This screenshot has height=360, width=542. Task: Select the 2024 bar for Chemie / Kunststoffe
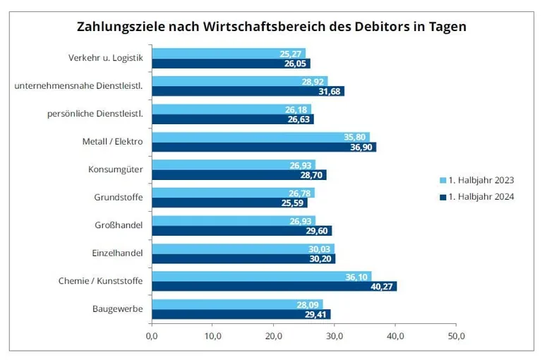click(274, 286)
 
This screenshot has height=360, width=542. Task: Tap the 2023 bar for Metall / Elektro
click(260, 137)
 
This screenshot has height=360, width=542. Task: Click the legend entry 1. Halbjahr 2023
click(476, 179)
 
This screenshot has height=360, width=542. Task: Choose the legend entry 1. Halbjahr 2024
click(476, 197)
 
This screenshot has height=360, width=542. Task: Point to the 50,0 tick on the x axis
click(456, 335)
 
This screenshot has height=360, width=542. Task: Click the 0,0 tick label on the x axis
click(152, 335)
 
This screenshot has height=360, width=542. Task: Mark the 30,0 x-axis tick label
click(335, 335)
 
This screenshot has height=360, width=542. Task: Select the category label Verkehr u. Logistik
click(105, 58)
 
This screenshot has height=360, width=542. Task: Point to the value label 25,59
click(293, 203)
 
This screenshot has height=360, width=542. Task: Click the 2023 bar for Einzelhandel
click(243, 248)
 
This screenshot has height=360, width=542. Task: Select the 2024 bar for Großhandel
click(241, 230)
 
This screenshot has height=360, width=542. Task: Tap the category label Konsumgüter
click(116, 169)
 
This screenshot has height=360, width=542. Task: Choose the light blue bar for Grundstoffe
click(233, 193)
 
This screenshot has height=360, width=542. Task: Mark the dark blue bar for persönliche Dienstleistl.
click(232, 119)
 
